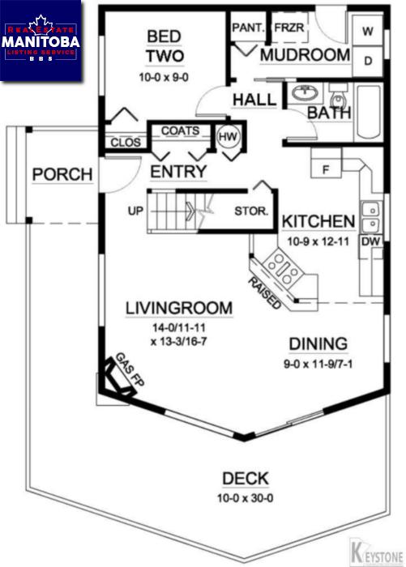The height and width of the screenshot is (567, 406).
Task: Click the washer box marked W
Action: (368, 31)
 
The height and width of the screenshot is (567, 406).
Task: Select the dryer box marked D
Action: (368, 61)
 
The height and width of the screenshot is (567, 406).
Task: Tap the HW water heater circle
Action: (228, 137)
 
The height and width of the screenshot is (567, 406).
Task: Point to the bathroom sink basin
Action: (305, 93)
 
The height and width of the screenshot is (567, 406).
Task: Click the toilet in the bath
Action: (339, 96)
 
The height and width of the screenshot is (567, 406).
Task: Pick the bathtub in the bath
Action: (369, 112)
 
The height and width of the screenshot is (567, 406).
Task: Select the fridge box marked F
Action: (326, 168)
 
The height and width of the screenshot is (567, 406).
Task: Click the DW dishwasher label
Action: (371, 241)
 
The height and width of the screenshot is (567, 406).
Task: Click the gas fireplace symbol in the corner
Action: (118, 377)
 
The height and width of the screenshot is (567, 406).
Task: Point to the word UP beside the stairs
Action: (135, 211)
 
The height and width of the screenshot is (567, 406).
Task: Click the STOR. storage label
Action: (251, 211)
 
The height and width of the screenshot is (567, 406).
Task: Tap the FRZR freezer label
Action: (289, 28)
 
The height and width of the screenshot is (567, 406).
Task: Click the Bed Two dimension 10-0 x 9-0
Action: (164, 77)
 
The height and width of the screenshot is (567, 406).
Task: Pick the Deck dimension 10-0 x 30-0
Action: (245, 498)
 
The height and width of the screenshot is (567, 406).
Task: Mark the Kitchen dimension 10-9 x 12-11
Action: (318, 241)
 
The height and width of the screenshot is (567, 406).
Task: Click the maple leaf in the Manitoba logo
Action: (41, 24)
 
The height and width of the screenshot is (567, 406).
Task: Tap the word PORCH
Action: (62, 174)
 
